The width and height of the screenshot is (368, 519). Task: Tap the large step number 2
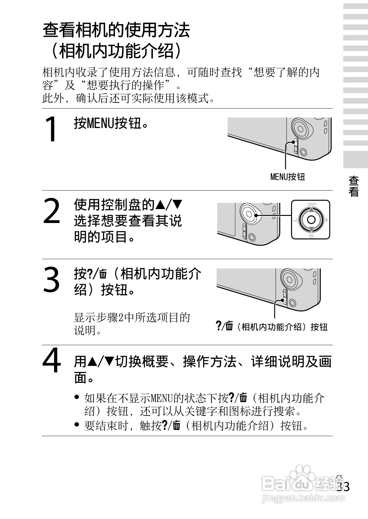[x=52, y=211]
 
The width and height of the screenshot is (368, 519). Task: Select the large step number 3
[x=51, y=279]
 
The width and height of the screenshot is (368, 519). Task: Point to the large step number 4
[x=52, y=360]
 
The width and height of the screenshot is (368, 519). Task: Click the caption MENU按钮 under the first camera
[x=287, y=177]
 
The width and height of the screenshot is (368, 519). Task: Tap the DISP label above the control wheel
[x=311, y=204]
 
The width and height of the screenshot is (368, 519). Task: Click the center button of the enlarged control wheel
[x=311, y=219]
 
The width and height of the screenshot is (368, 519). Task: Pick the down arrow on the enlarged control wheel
[x=311, y=229]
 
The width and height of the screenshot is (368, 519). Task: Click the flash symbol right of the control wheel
[x=326, y=219]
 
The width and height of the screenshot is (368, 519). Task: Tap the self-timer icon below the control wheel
[x=311, y=236]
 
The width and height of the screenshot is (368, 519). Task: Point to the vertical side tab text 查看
[x=353, y=186]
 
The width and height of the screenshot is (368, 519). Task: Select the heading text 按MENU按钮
[x=111, y=123]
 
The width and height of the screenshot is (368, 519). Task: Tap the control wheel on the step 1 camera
[x=301, y=129]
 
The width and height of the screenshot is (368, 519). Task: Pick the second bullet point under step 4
[x=77, y=424]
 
